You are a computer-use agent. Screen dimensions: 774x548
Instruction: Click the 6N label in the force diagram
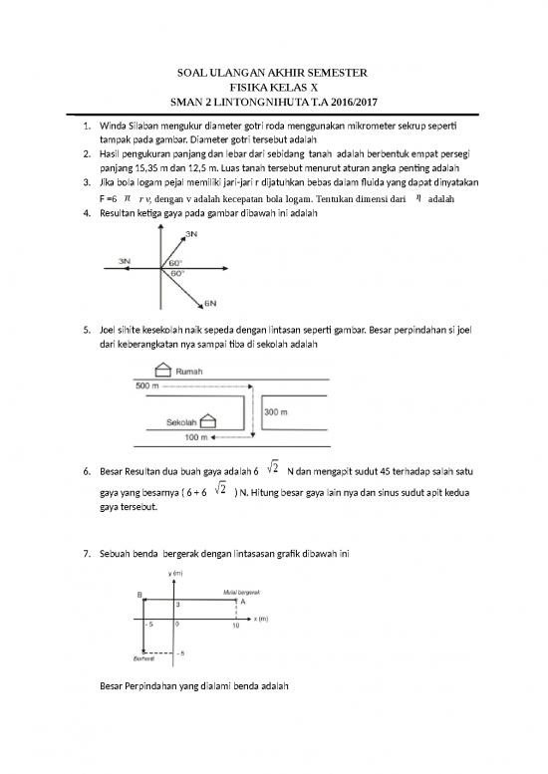tap(211, 303)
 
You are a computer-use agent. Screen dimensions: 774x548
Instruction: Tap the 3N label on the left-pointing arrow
tap(125, 260)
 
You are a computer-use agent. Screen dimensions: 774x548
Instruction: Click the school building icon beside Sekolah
tap(207, 420)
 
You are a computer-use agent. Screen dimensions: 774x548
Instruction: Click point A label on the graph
tap(243, 602)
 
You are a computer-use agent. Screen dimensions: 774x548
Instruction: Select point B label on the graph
tap(138, 594)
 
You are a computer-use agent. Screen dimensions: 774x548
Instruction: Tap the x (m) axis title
tap(261, 618)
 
